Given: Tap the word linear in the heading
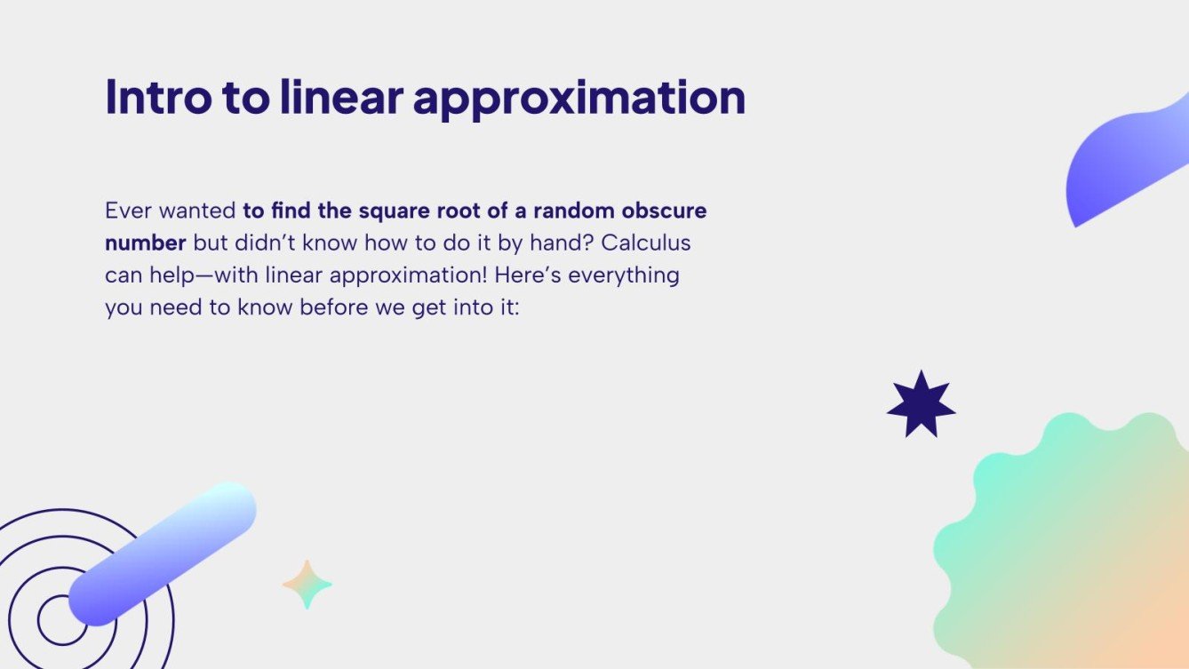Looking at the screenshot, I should coord(340,97).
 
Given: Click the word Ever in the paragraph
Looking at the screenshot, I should coord(128,211).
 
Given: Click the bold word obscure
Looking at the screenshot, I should coord(666,211).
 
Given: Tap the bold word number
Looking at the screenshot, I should coord(145,243).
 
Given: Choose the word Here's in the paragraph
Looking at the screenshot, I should coord(528,275).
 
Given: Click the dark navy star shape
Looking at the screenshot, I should coord(921,405).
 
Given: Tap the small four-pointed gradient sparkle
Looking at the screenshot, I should coord(307,585).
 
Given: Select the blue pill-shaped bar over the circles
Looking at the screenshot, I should coord(163,554).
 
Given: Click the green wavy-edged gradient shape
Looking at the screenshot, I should coord(1066,551).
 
